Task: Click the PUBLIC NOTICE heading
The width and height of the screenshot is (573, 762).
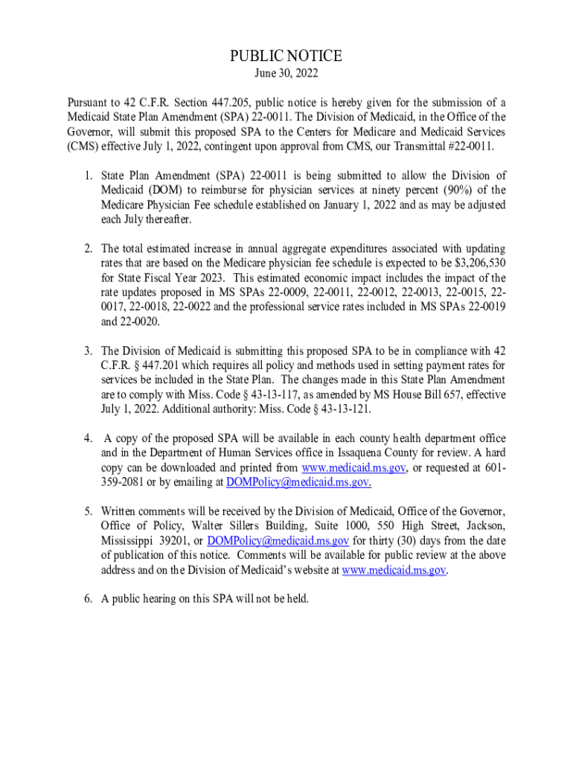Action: click(286, 57)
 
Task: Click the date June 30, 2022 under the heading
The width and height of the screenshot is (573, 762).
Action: click(286, 74)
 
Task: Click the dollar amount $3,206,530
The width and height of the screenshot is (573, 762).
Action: click(478, 262)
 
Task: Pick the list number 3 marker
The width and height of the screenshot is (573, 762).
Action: click(87, 350)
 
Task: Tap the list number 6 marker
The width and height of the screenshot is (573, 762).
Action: click(87, 598)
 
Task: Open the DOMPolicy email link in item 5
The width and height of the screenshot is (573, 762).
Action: click(278, 540)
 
